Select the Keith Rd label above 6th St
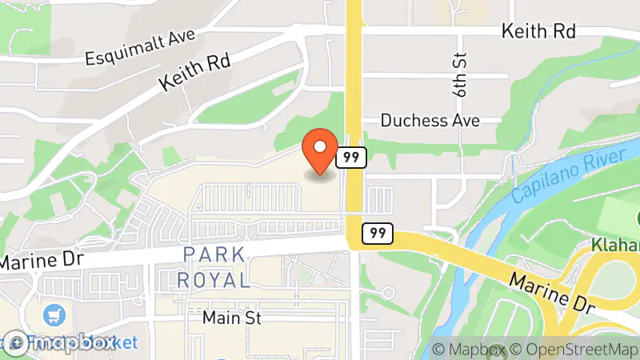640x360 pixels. tap(538, 31)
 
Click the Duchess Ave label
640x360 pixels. tap(430, 121)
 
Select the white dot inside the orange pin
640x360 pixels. tap(321, 146)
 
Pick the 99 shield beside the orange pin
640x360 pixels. tap(350, 157)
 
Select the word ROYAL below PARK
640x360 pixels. tap(213, 280)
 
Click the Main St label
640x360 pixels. tap(232, 318)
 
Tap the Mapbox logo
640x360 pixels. tap(60, 342)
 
